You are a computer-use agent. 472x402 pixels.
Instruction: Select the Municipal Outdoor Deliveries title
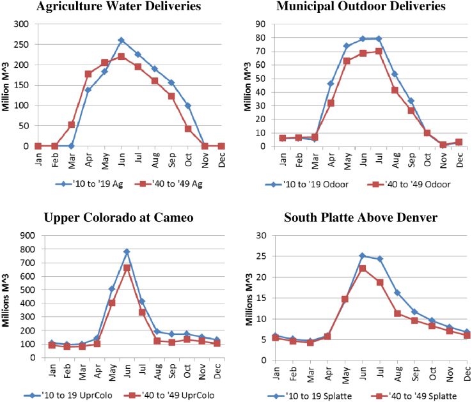coord(361,6)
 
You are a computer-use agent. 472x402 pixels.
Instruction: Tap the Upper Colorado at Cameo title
coord(118,218)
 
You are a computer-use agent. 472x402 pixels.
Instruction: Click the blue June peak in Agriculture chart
coord(121,40)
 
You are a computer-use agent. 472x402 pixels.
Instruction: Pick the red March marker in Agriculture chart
coord(71,125)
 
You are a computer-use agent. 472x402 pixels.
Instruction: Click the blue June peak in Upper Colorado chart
coord(127,251)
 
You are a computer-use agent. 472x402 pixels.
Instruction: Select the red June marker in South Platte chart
coord(362,268)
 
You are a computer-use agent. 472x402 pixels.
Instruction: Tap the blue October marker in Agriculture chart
coord(188,105)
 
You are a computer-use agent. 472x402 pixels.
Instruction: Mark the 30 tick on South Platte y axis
coord(261,235)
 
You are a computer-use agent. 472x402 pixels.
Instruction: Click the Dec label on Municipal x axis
coord(459,158)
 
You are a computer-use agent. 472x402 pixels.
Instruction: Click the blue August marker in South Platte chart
coord(397,293)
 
